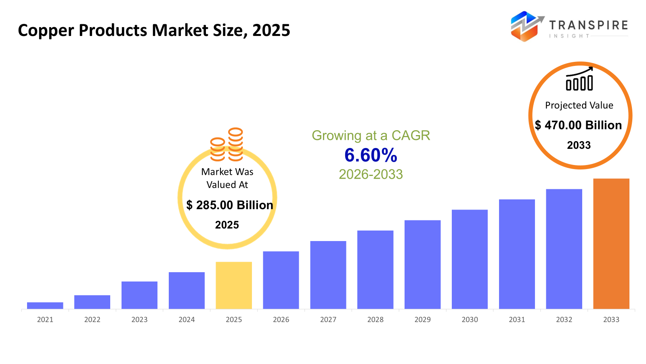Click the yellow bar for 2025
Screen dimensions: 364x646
(234, 285)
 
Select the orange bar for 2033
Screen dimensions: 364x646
(611, 243)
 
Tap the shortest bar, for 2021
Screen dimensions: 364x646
(45, 305)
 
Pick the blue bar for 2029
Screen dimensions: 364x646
(422, 265)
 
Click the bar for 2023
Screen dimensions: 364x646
(139, 295)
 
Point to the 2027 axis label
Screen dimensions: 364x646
(328, 320)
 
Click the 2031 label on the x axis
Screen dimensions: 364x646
(517, 320)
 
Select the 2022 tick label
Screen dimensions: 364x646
(92, 320)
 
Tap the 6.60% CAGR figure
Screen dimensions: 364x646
(371, 155)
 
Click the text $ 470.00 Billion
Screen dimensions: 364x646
(578, 125)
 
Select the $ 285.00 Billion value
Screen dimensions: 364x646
(229, 205)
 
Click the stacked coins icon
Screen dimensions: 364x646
(227, 145)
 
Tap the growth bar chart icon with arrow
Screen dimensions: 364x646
(579, 79)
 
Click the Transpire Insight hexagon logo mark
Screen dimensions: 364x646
(524, 26)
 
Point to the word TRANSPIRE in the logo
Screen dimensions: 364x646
(588, 25)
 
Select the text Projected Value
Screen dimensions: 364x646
(579, 105)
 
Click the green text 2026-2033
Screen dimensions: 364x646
(371, 174)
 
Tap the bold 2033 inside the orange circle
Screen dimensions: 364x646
(579, 145)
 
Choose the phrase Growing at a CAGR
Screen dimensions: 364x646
(371, 135)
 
